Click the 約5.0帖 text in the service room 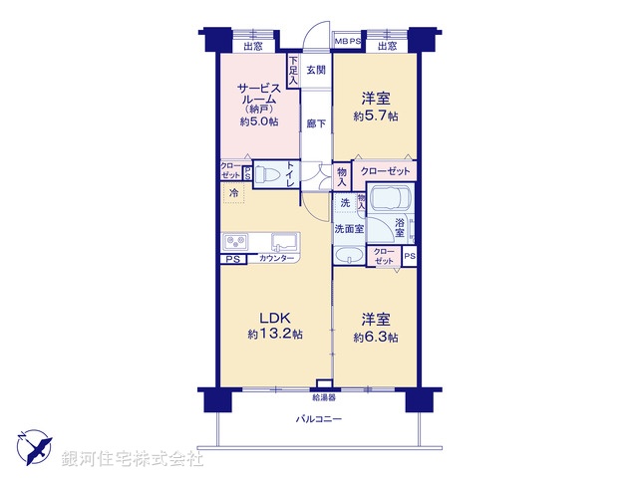[258, 121]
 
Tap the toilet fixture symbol [266, 175]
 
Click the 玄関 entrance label [315, 70]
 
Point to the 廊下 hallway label [315, 123]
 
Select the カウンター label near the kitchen [276, 260]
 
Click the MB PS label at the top [348, 42]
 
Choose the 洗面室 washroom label [349, 228]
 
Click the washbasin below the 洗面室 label [350, 255]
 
